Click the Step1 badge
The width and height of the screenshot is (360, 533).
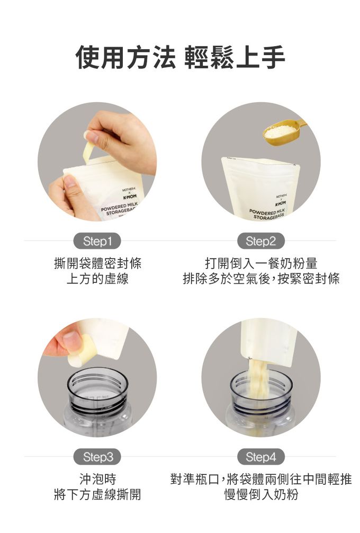coord(97,242)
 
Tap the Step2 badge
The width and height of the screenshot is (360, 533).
coord(260,242)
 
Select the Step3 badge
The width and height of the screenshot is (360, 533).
coord(97,457)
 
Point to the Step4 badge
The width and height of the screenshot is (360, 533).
coord(260,457)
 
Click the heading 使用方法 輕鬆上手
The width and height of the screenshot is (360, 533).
coord(180,57)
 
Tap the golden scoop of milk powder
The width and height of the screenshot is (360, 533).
coord(284,131)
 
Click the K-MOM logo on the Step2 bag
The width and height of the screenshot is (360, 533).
coord(281,203)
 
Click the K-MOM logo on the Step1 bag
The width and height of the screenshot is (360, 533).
coord(129,197)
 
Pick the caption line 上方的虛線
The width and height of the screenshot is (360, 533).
coord(97,279)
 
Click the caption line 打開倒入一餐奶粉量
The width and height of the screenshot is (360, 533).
coord(261,263)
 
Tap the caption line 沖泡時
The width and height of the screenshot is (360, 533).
coord(97,479)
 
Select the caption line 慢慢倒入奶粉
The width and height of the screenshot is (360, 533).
coord(261,494)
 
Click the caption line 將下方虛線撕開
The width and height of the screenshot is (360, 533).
coord(97,494)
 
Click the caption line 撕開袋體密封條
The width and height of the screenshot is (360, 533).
coord(97,263)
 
